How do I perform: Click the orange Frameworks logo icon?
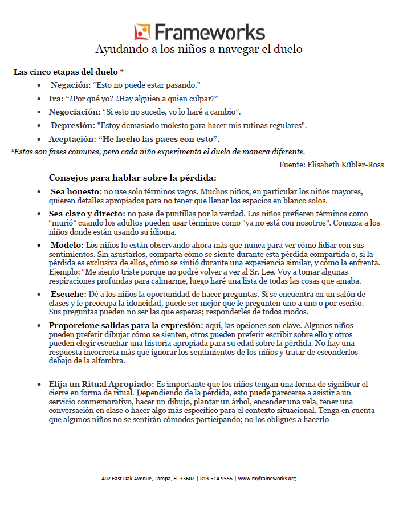142,31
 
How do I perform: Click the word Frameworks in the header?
209,31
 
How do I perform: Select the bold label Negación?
70,85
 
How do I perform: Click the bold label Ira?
56,98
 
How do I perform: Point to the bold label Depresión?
72,125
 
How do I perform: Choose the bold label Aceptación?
72,139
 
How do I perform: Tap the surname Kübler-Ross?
364,165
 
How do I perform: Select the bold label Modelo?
67,245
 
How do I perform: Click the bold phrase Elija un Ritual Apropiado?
101,385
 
